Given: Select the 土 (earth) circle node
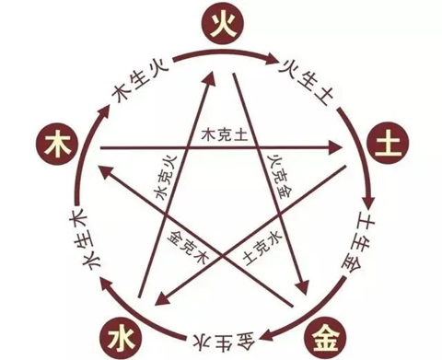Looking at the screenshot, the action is pos(388,143).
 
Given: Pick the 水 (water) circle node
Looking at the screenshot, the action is pos(122,338).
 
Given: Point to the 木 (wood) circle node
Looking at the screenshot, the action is pos(57,145).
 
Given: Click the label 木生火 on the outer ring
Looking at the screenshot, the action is pos(140,81).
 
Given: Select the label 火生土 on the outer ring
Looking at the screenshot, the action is pos(306,82).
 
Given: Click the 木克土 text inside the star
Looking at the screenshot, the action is pos(225,134).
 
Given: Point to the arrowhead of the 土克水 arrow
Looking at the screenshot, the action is pos(162,299).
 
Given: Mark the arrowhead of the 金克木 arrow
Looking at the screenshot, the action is pos(105,173).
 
